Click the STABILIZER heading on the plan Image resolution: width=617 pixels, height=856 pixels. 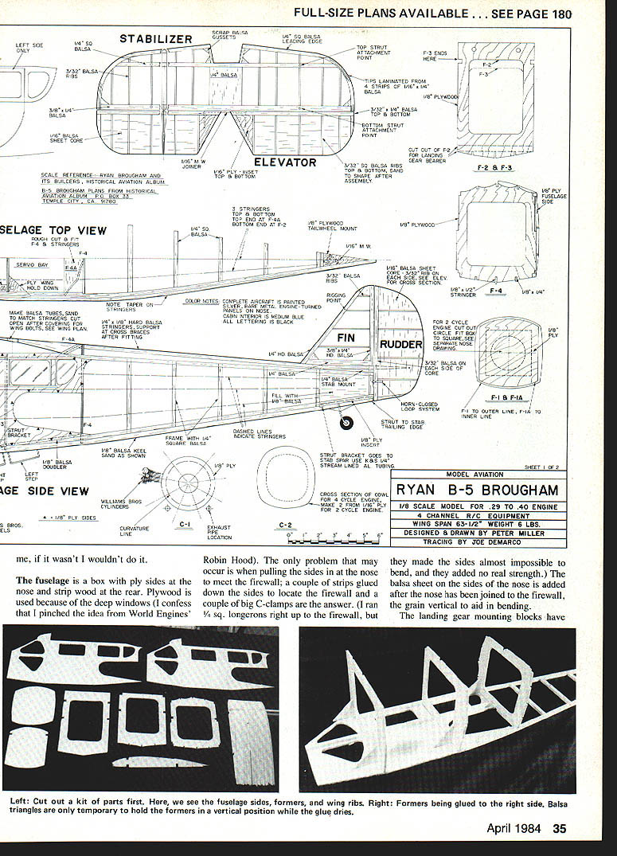click(156, 39)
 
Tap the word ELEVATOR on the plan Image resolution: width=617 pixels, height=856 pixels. click(286, 162)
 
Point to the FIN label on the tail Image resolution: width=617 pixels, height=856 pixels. click(346, 338)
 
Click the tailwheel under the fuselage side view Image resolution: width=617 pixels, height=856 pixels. click(346, 424)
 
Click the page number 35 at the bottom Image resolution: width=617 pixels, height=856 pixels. click(559, 829)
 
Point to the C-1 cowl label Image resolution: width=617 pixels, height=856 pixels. click(185, 524)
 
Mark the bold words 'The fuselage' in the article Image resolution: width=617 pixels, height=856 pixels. click(46, 580)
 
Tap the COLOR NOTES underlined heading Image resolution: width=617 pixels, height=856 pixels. click(201, 302)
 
